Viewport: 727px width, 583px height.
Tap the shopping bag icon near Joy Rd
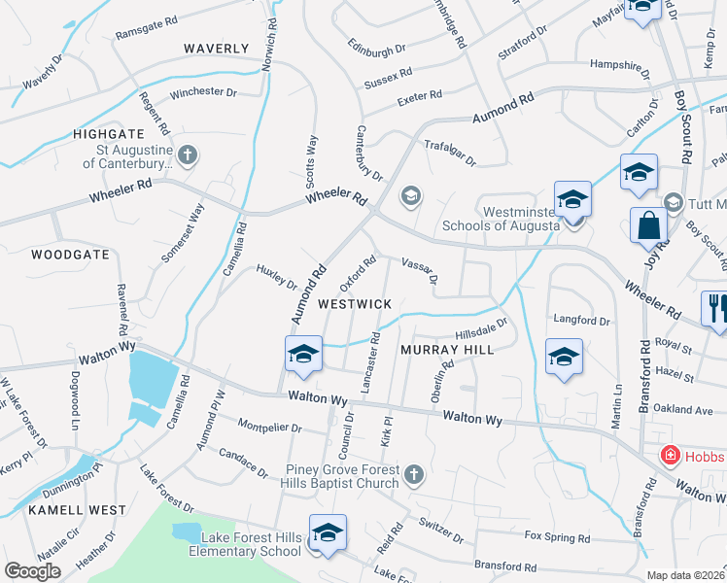pos(647,225)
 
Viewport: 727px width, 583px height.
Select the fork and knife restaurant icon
pos(717,309)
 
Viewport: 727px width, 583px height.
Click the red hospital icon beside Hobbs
pos(670,456)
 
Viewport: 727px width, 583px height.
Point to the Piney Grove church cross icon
pos(414,474)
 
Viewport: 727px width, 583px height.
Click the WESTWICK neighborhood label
pos(355,304)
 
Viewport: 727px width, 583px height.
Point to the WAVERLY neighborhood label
pos(217,49)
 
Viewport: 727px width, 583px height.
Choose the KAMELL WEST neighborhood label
pos(77,510)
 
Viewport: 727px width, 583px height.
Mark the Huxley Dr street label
pos(277,277)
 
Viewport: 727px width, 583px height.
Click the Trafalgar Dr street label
pos(450,152)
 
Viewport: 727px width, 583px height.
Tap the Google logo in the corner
pos(32,571)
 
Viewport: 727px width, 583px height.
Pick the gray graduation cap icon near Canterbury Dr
pos(410,196)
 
